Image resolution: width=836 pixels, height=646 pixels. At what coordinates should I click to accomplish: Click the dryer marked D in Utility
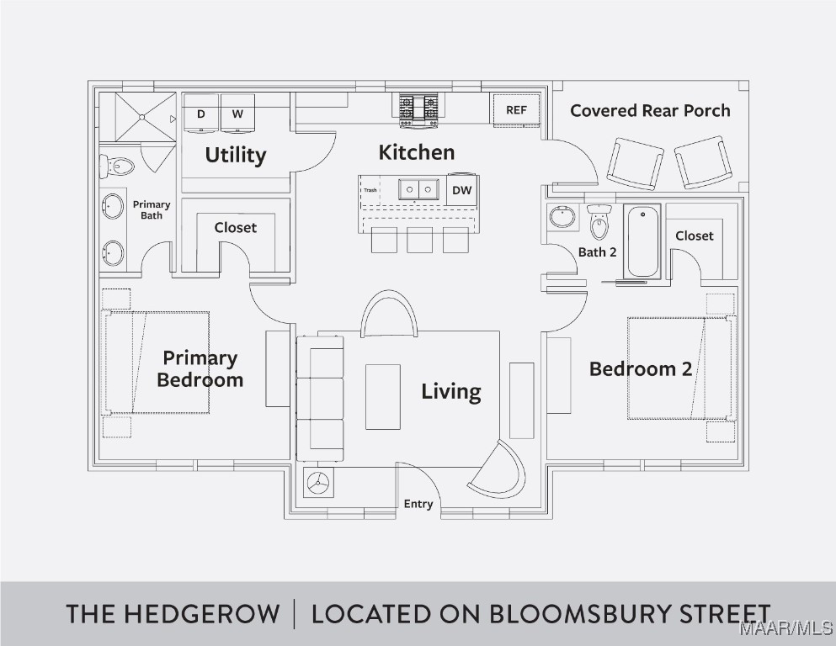[200, 113]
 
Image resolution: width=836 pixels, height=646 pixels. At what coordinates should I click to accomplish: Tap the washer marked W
[237, 113]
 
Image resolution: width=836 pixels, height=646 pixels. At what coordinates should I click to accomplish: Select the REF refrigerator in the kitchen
[516, 110]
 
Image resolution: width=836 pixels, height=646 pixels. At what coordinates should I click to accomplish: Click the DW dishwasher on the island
[461, 189]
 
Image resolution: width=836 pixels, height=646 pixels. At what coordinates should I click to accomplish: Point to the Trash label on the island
[370, 190]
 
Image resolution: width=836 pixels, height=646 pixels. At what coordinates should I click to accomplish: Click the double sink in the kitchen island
[418, 189]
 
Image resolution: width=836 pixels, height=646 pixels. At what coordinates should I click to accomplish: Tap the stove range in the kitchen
[418, 110]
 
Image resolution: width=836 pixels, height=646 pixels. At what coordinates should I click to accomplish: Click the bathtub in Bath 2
[642, 241]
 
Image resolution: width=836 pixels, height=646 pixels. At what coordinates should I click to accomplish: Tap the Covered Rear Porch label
[650, 111]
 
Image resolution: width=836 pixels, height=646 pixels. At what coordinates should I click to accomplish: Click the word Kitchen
[417, 152]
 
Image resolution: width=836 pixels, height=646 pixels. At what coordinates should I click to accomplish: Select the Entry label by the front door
[418, 504]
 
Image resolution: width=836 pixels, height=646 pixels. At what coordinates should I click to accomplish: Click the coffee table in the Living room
[383, 397]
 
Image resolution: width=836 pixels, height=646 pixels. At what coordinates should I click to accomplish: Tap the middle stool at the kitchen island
[419, 241]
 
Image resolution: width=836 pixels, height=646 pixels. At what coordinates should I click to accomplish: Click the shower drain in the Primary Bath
[141, 117]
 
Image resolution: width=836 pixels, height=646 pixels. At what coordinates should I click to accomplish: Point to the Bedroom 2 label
[641, 369]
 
